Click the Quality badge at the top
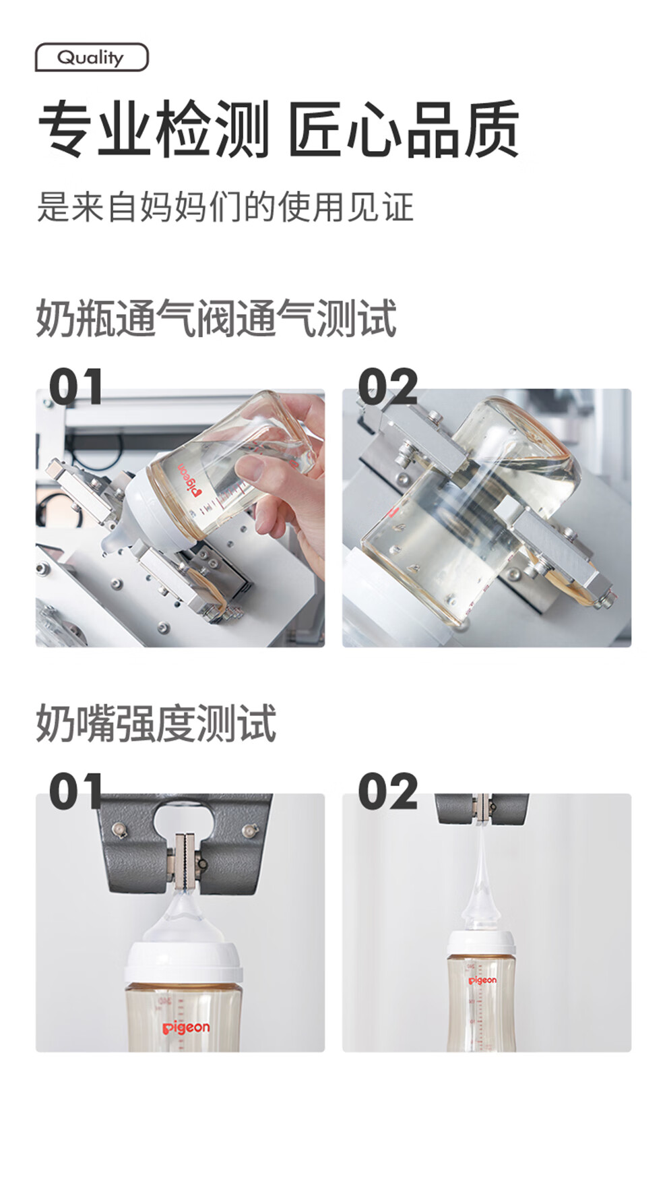coord(92,57)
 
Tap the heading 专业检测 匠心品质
coord(278,128)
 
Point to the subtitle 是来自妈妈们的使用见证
coord(225,206)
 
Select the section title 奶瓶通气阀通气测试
coord(216,318)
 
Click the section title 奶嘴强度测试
coord(156,723)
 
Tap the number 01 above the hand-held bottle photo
coord(76,386)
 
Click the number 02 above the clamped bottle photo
coord(387,386)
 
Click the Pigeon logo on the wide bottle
coord(186,1027)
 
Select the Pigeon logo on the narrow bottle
coord(482,980)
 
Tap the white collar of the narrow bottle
coord(481,943)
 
